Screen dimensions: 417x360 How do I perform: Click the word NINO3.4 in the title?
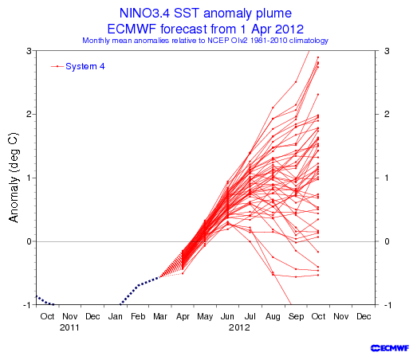(x=144, y=13)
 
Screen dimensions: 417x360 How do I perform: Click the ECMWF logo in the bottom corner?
(x=390, y=348)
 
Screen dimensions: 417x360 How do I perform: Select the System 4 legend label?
(x=85, y=66)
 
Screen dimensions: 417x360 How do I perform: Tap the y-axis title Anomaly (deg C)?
(x=14, y=177)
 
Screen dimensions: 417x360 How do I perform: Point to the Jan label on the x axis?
(x=115, y=316)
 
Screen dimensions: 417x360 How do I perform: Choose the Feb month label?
(x=138, y=316)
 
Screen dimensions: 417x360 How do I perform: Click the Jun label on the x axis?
(x=227, y=316)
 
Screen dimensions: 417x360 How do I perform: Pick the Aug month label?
(x=273, y=317)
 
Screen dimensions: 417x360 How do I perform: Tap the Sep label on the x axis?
(x=296, y=317)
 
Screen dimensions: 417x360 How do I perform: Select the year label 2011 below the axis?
(x=69, y=327)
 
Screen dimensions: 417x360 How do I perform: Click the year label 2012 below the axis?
(x=239, y=327)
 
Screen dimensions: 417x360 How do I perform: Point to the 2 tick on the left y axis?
(x=29, y=114)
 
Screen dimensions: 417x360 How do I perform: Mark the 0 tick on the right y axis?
(x=387, y=241)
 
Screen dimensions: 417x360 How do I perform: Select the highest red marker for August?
(x=273, y=108)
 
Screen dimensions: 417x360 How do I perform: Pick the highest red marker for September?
(x=296, y=82)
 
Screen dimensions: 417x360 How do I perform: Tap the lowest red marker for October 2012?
(x=318, y=275)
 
